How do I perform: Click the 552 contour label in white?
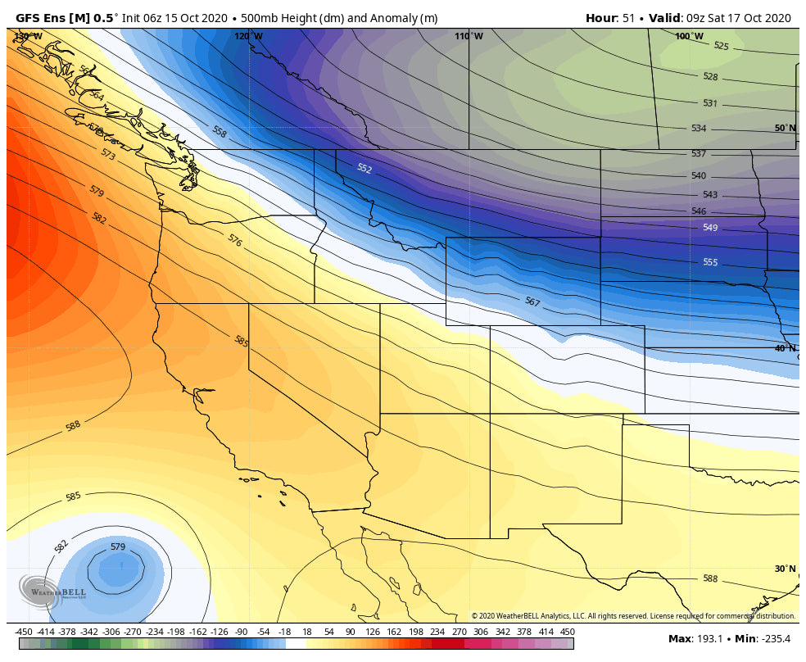(x=365, y=169)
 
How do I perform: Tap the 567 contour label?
(x=532, y=302)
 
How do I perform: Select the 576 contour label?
(x=234, y=241)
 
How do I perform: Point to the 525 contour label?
(x=721, y=47)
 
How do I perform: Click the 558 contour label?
(x=220, y=131)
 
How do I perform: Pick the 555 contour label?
(x=710, y=262)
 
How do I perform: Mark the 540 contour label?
(x=699, y=176)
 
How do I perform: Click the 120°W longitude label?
(x=248, y=36)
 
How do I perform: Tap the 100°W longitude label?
(x=689, y=36)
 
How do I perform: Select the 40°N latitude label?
(x=785, y=348)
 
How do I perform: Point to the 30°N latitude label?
(x=785, y=569)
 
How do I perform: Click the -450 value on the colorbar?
(x=24, y=632)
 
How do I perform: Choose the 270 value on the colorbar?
(x=459, y=632)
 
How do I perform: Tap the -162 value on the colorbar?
(x=197, y=632)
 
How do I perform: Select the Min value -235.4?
(x=772, y=638)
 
